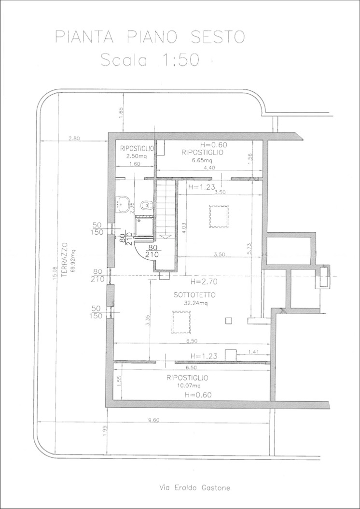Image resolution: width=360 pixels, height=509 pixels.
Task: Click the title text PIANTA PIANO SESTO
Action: click(150, 37)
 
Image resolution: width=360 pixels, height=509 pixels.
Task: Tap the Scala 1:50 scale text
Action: click(150, 60)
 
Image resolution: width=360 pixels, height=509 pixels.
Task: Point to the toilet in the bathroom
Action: click(146, 205)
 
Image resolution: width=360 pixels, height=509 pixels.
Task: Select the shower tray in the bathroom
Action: click(144, 226)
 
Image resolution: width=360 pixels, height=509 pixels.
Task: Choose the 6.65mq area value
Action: click(203, 160)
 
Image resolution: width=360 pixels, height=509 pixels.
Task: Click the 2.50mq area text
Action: click(137, 156)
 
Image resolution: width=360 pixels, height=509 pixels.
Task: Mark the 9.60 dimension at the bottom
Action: click(154, 420)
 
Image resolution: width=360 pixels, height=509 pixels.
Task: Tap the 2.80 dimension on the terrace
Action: click(74, 138)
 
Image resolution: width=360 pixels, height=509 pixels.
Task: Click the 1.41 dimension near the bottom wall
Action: click(254, 352)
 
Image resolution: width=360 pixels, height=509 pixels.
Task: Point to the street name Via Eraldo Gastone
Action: click(194, 487)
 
